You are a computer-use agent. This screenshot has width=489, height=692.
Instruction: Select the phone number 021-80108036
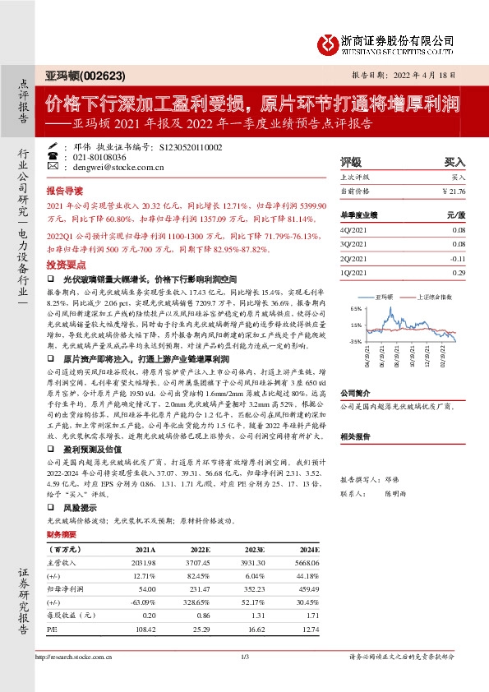[100, 156]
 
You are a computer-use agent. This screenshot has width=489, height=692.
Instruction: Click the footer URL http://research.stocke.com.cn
[71, 657]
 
